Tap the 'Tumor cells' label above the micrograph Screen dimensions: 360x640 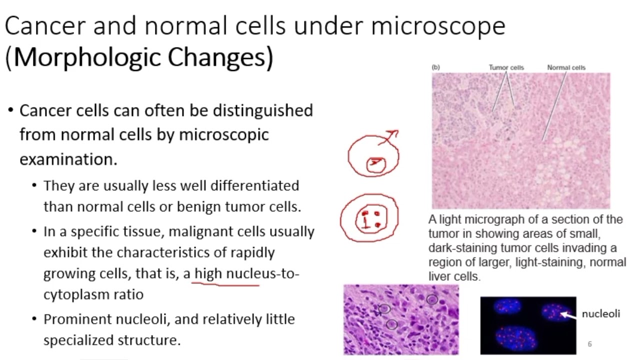(x=506, y=67)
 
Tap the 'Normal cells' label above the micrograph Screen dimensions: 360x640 (x=566, y=67)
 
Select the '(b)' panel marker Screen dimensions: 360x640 (x=435, y=67)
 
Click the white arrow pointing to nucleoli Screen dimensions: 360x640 (x=568, y=314)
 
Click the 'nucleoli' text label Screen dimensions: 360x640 (x=600, y=313)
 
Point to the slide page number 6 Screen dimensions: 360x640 (x=590, y=344)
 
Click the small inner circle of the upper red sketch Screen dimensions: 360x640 (x=376, y=164)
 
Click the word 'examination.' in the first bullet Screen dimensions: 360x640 (x=68, y=159)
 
